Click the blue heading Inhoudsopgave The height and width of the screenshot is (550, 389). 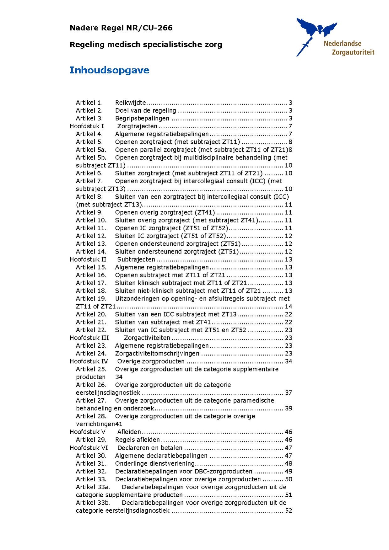click(x=109, y=70)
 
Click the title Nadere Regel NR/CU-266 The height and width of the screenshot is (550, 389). click(x=121, y=28)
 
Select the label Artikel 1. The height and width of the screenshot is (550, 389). click(x=89, y=103)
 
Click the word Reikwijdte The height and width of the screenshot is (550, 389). click(x=130, y=103)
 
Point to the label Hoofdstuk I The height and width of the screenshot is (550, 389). click(x=87, y=126)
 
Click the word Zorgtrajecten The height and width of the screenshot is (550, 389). click(x=137, y=126)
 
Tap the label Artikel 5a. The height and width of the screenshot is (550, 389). click(x=91, y=150)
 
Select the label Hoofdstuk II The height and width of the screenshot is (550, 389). click(x=88, y=259)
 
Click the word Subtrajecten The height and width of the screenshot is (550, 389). click(x=136, y=259)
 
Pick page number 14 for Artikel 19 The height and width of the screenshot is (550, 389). click(x=288, y=307)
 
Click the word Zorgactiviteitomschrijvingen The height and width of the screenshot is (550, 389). click(x=157, y=354)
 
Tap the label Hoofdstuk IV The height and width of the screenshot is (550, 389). click(x=89, y=361)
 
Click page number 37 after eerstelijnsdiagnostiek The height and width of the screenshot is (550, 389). click(x=288, y=393)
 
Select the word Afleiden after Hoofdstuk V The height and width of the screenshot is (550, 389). click(x=129, y=432)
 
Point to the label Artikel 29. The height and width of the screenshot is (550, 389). click(x=91, y=440)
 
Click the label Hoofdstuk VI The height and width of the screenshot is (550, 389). click(x=89, y=448)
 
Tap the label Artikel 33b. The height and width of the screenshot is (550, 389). click(x=93, y=503)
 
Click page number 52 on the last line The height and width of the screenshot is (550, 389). click(x=288, y=511)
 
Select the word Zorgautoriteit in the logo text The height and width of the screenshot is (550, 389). click(x=353, y=52)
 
